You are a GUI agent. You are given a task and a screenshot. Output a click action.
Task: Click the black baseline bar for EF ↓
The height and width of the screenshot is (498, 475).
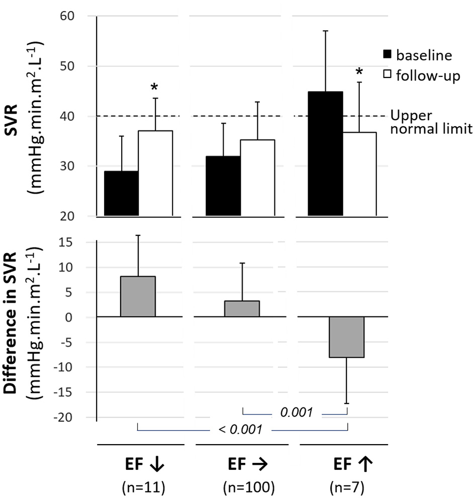tap(121, 194)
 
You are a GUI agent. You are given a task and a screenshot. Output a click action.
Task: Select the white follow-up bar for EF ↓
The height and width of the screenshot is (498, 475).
tap(155, 174)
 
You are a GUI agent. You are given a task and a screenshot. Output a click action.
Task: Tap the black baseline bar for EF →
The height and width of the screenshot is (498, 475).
tap(223, 186)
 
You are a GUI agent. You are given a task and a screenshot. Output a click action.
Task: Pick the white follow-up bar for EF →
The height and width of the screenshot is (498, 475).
tap(257, 178)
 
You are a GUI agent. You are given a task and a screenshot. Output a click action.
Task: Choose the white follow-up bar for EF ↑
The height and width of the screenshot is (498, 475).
tap(359, 174)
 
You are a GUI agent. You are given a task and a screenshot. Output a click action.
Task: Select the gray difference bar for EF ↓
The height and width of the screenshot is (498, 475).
tap(138, 297)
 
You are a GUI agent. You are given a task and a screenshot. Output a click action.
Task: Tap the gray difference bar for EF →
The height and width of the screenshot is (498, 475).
tap(242, 309)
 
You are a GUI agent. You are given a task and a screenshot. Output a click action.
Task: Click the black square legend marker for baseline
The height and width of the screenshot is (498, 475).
tap(388, 54)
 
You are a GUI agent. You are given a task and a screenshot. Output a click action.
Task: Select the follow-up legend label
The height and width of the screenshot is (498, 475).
tap(428, 76)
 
